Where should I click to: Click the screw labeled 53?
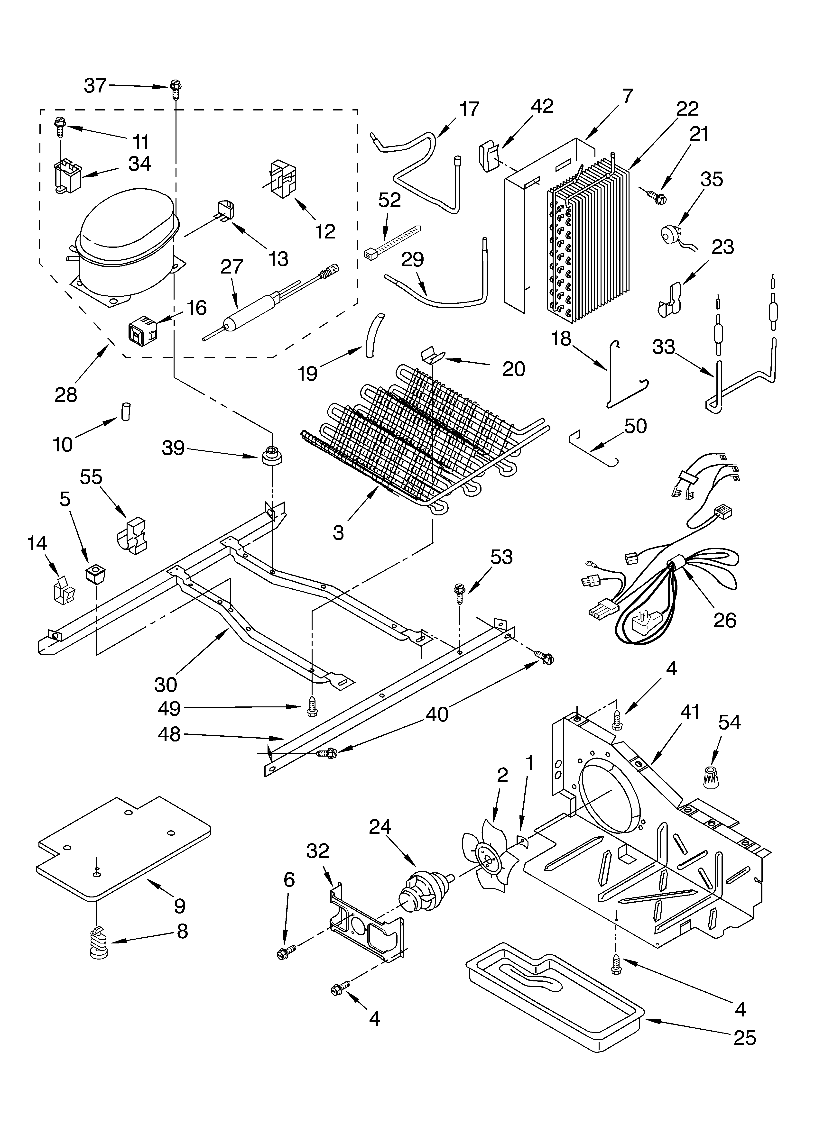pos(459,593)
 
